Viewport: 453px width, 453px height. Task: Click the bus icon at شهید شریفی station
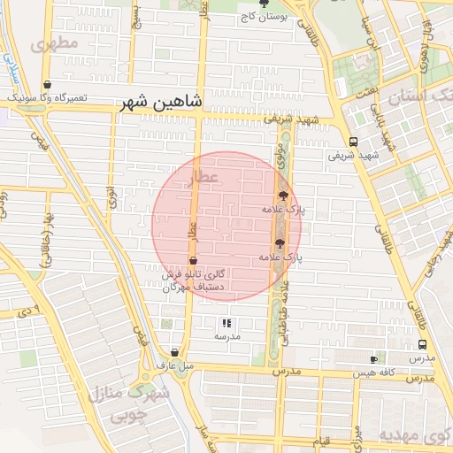click(353, 142)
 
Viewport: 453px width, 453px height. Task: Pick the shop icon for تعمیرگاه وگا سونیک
click(15, 86)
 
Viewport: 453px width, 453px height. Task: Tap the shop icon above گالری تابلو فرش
click(194, 261)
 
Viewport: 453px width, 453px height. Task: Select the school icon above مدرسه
click(226, 324)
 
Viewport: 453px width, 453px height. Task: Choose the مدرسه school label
click(226, 337)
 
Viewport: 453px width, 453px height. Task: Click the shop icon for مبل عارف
click(175, 351)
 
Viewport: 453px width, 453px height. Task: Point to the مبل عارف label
click(175, 365)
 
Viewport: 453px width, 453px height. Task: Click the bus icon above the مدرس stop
click(422, 345)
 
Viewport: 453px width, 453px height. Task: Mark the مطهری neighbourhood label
click(54, 42)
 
